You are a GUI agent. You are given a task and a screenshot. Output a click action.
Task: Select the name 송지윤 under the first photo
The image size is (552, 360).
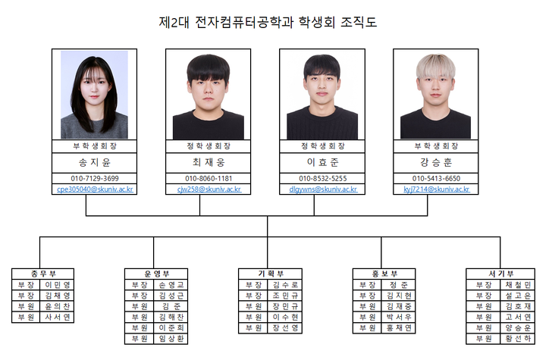tap(94, 162)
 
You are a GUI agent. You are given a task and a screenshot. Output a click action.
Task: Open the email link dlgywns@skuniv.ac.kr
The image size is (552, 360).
tap(318, 189)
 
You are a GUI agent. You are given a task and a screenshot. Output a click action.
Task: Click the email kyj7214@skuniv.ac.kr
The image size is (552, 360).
tap(435, 189)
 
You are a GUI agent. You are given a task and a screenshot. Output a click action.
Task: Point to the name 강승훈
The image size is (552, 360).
tap(435, 162)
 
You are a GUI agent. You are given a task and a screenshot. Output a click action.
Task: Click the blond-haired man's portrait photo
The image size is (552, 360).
tap(435, 95)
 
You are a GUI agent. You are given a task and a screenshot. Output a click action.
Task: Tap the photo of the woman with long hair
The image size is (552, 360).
tap(94, 95)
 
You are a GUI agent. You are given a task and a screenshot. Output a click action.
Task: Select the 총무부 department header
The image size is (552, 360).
tap(42, 274)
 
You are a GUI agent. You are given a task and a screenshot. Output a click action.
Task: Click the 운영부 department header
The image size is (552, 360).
tap(157, 274)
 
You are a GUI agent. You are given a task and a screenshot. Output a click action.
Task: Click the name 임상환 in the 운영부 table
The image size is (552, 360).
tap(172, 339)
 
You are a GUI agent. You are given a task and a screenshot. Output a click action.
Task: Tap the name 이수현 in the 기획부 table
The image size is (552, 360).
tap(286, 317)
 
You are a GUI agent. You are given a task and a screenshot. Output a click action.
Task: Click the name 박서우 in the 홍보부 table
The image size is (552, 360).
tap(399, 317)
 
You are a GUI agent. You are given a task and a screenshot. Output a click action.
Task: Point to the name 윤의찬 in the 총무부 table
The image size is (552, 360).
tap(58, 306)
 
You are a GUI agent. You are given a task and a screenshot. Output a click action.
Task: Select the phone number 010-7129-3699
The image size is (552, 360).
tap(94, 178)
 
